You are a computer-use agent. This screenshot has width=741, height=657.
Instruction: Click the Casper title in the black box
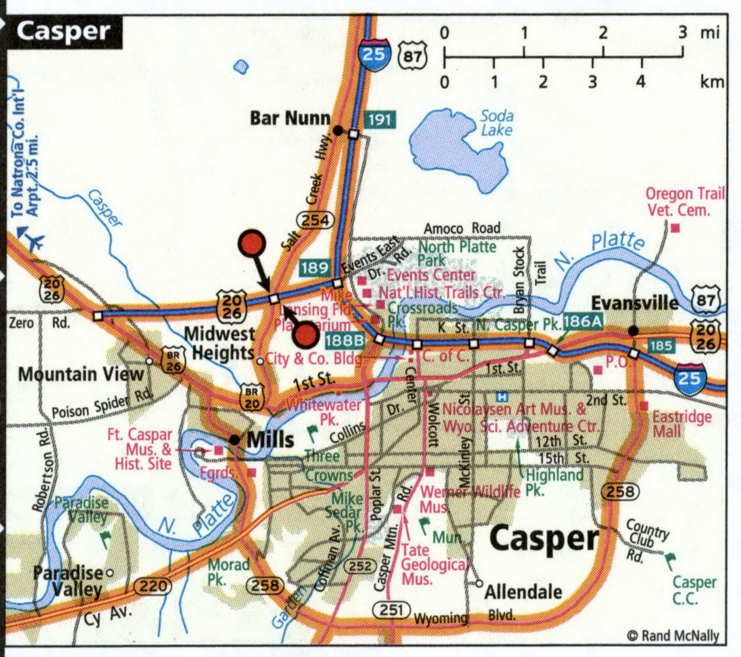pyautogui.click(x=63, y=31)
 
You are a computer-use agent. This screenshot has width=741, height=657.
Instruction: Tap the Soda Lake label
pyautogui.click(x=497, y=123)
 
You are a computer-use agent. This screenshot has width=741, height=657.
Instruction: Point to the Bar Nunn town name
pyautogui.click(x=290, y=118)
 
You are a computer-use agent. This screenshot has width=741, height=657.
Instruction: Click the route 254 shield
pyautogui.click(x=315, y=220)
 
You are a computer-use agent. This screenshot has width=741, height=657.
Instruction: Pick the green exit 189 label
pyautogui.click(x=315, y=267)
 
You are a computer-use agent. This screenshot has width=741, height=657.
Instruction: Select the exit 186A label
pyautogui.click(x=582, y=321)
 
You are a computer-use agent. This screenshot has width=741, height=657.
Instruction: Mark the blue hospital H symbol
pyautogui.click(x=502, y=396)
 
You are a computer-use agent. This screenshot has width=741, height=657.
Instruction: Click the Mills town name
pyautogui.click(x=270, y=440)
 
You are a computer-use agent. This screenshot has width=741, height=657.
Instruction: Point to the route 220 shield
pyautogui.click(x=153, y=586)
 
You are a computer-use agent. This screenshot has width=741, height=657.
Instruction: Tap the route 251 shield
pyautogui.click(x=391, y=610)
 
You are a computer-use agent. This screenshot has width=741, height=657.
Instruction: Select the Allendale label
pyautogui.click(x=523, y=592)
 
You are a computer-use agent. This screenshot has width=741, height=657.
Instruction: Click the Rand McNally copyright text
pyautogui.click(x=673, y=636)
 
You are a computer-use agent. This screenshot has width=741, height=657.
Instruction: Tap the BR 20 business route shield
pyautogui.click(x=252, y=397)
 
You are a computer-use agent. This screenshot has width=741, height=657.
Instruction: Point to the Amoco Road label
pyautogui.click(x=462, y=228)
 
